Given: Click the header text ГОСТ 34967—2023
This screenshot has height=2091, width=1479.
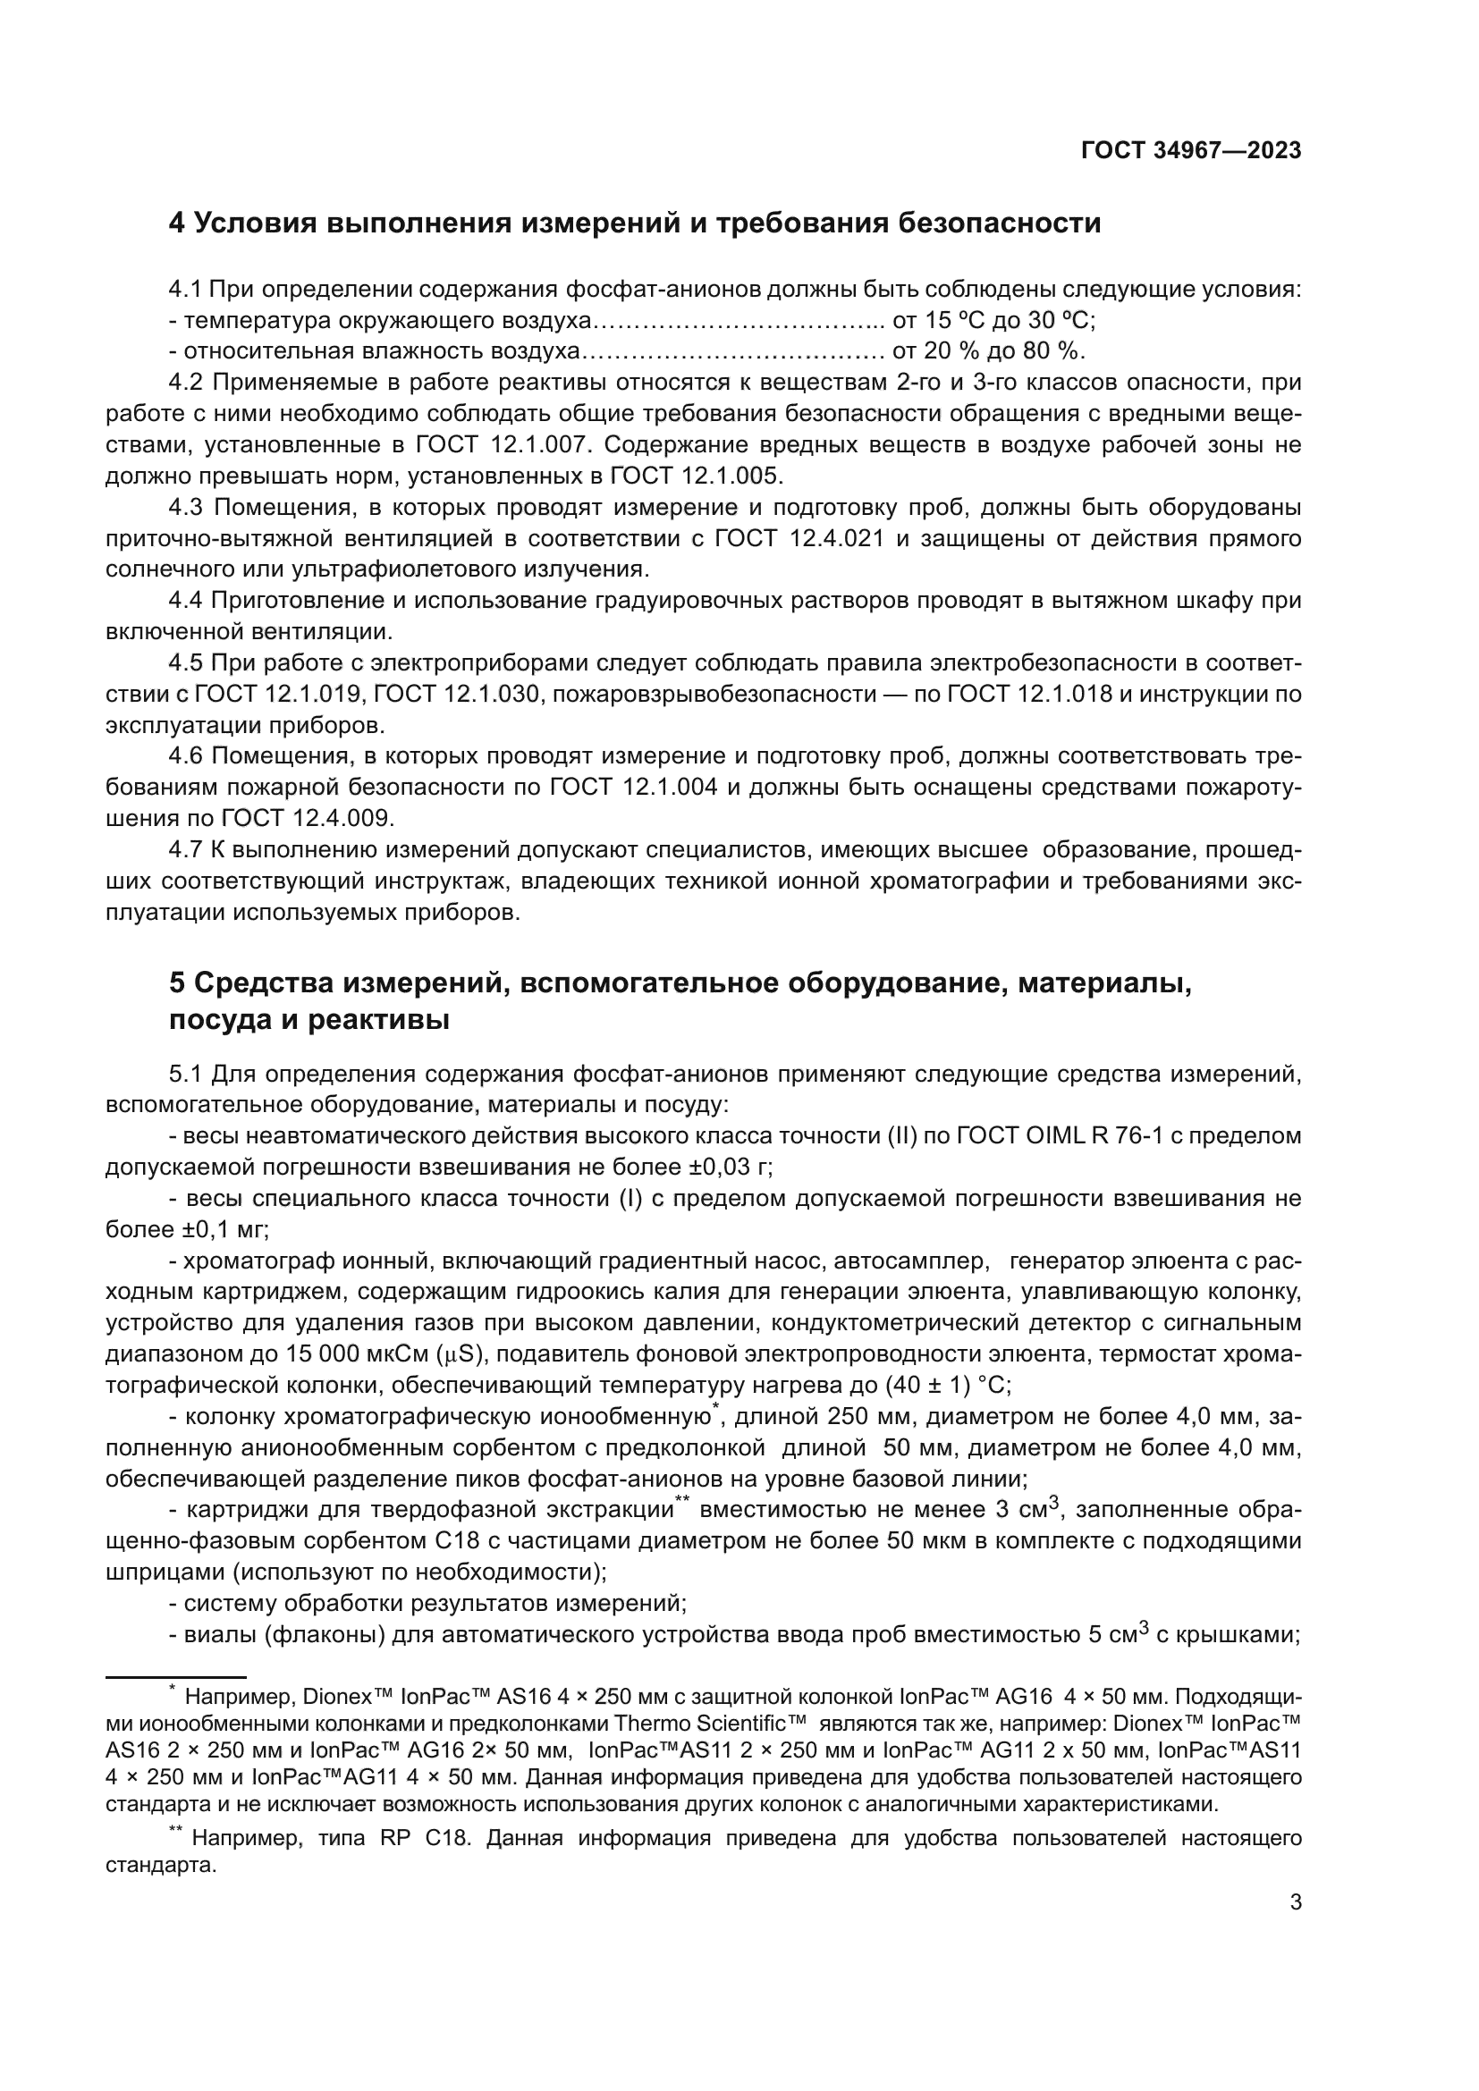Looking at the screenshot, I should click(1190, 151).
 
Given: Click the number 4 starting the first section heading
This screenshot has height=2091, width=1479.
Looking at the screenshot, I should click(177, 223).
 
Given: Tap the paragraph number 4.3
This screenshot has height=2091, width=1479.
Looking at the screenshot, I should click(190, 507).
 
